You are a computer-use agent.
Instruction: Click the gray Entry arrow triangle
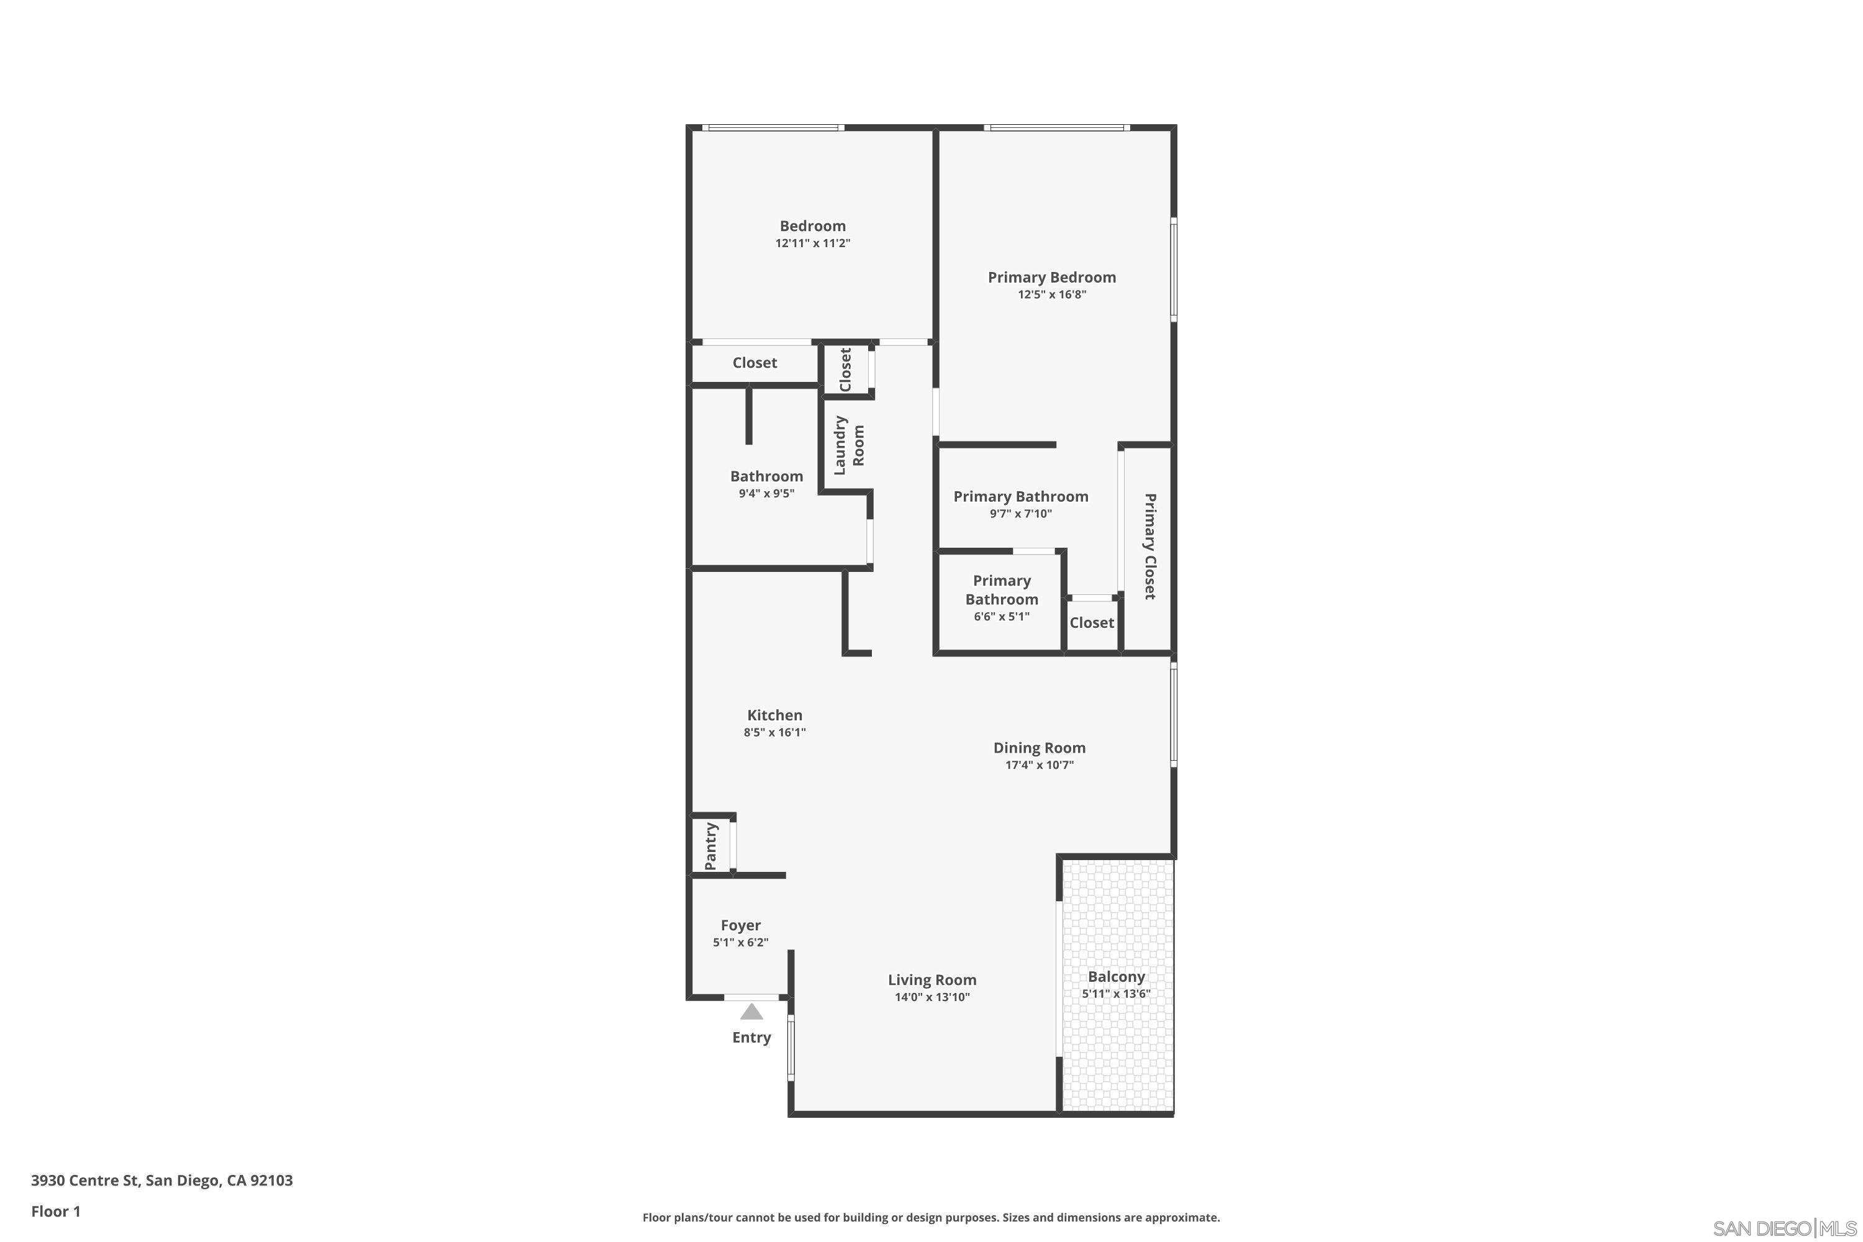[751, 1012]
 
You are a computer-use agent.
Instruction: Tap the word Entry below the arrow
[751, 1037]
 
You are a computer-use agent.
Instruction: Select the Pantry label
[710, 845]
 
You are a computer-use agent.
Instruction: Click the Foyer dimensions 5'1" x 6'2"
[741, 943]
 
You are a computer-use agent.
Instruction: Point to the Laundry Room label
[848, 445]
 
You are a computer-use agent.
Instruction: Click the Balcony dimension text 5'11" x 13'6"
[1116, 994]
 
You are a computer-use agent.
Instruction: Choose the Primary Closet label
[1149, 546]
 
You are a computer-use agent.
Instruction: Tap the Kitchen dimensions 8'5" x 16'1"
[774, 733]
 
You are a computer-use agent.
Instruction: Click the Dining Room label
[1039, 748]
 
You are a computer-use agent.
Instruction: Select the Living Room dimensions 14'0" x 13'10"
[932, 997]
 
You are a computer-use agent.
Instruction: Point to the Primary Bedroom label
[1051, 277]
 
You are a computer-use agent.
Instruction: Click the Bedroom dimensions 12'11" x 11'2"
[813, 243]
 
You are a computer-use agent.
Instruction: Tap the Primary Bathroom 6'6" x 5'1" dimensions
[1001, 616]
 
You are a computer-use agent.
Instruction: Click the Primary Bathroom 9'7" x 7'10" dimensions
[1020, 514]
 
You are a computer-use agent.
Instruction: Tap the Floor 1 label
[55, 1211]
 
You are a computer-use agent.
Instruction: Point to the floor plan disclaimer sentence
[931, 1217]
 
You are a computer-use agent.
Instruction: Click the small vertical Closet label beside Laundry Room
[845, 369]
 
